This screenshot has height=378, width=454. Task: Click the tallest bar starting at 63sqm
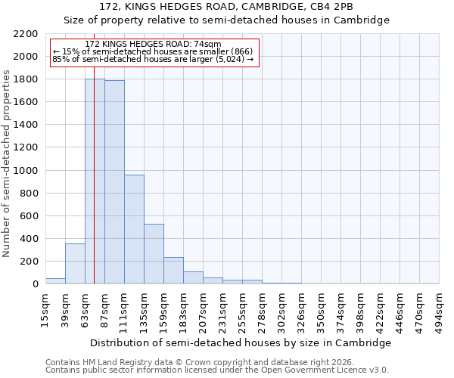[x=95, y=181]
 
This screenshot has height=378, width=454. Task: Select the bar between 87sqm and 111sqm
[x=114, y=182]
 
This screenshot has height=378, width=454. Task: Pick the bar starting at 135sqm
[x=154, y=254]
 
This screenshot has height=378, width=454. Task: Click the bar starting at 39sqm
[x=75, y=264]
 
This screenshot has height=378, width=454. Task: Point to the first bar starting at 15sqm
[x=55, y=281]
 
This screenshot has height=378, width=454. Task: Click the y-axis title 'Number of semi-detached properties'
[x=8, y=163]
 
